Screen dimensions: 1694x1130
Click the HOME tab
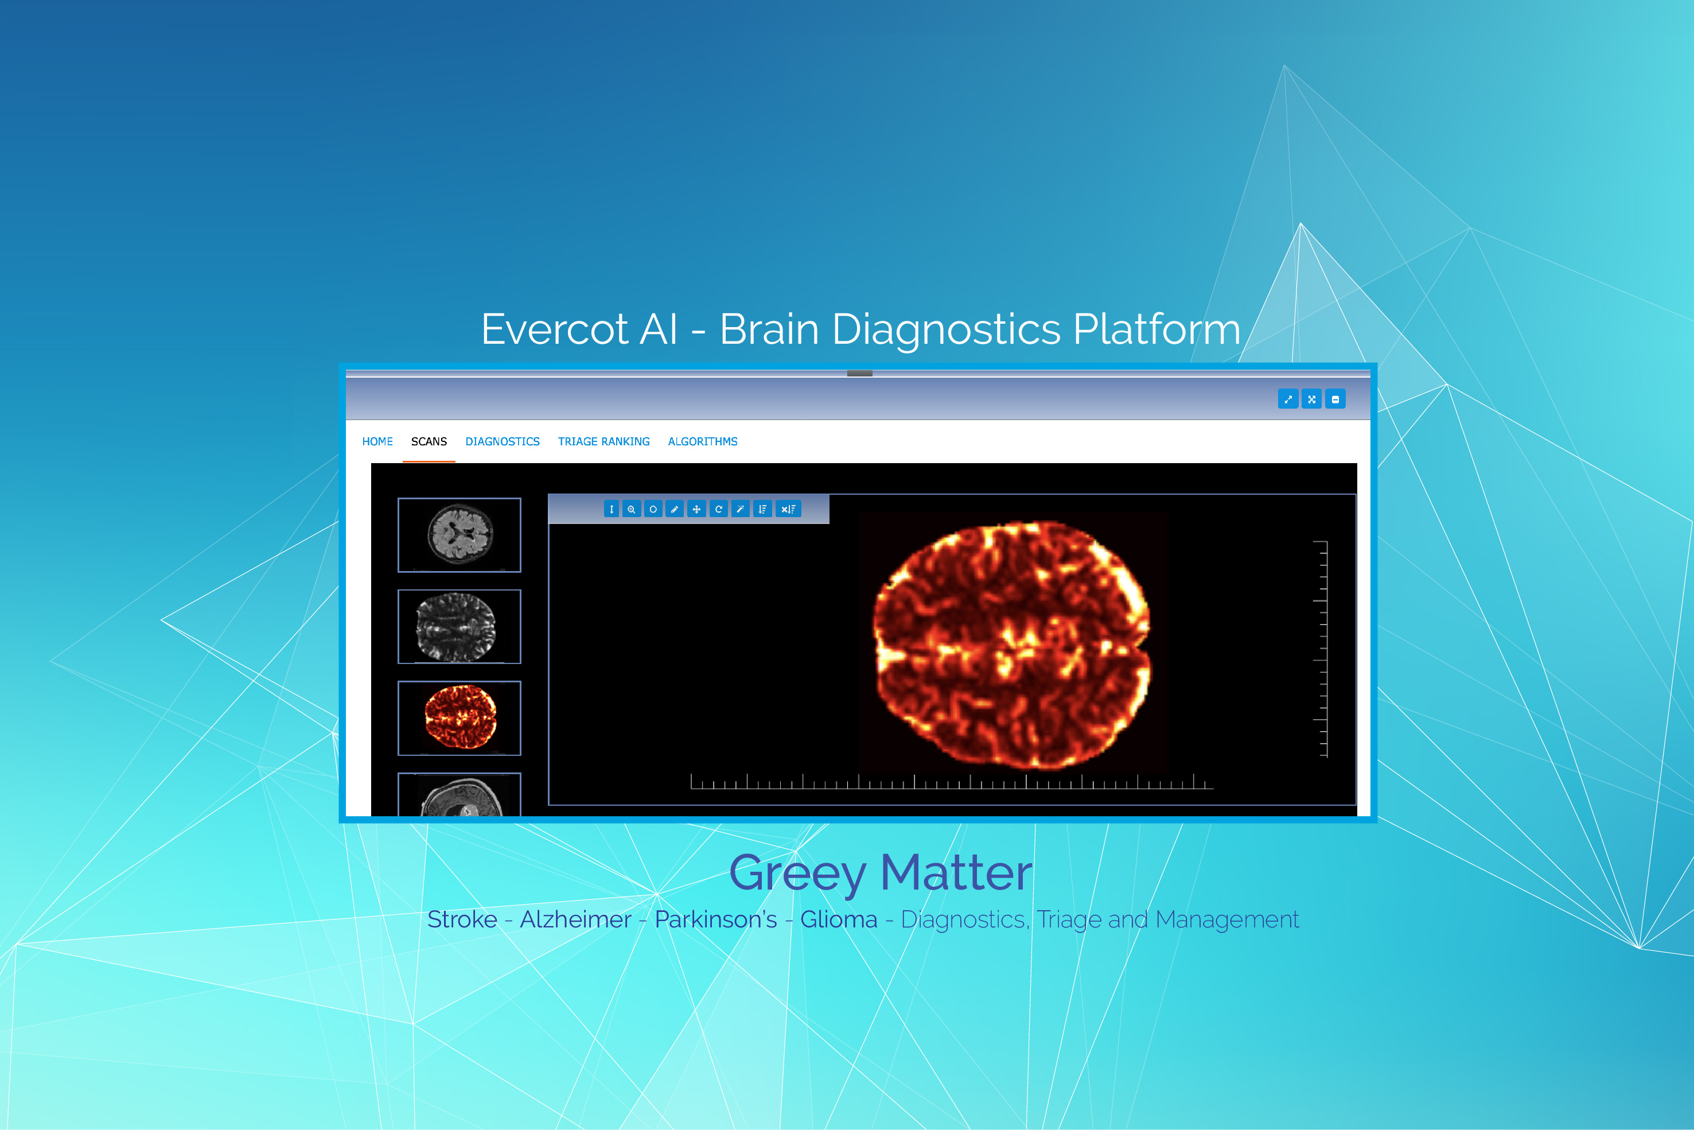pyautogui.click(x=377, y=441)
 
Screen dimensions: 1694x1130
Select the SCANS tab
pyautogui.click(x=429, y=441)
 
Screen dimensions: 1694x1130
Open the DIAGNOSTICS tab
pyautogui.click(x=502, y=441)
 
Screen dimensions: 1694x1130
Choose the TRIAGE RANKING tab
pyautogui.click(x=603, y=441)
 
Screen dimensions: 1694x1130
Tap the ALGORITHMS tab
pyautogui.click(x=702, y=441)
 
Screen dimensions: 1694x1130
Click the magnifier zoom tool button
pyautogui.click(x=631, y=509)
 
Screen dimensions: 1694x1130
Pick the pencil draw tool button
pyautogui.click(x=674, y=509)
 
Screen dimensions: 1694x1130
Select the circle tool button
pyautogui.click(x=653, y=509)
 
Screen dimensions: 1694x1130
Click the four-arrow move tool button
pyautogui.click(x=696, y=509)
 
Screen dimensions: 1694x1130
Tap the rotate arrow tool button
pyautogui.click(x=718, y=509)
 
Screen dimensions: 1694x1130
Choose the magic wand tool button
pyautogui.click(x=739, y=509)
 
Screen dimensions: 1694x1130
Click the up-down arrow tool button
pyautogui.click(x=762, y=509)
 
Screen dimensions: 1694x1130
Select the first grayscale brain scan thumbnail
pyautogui.click(x=459, y=535)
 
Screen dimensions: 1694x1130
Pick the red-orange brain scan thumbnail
pyautogui.click(x=459, y=718)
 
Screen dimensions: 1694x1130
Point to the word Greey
pyautogui.click(x=797, y=873)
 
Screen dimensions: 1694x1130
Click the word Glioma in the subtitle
pyautogui.click(x=838, y=919)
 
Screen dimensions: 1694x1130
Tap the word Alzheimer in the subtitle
pyautogui.click(x=575, y=919)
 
